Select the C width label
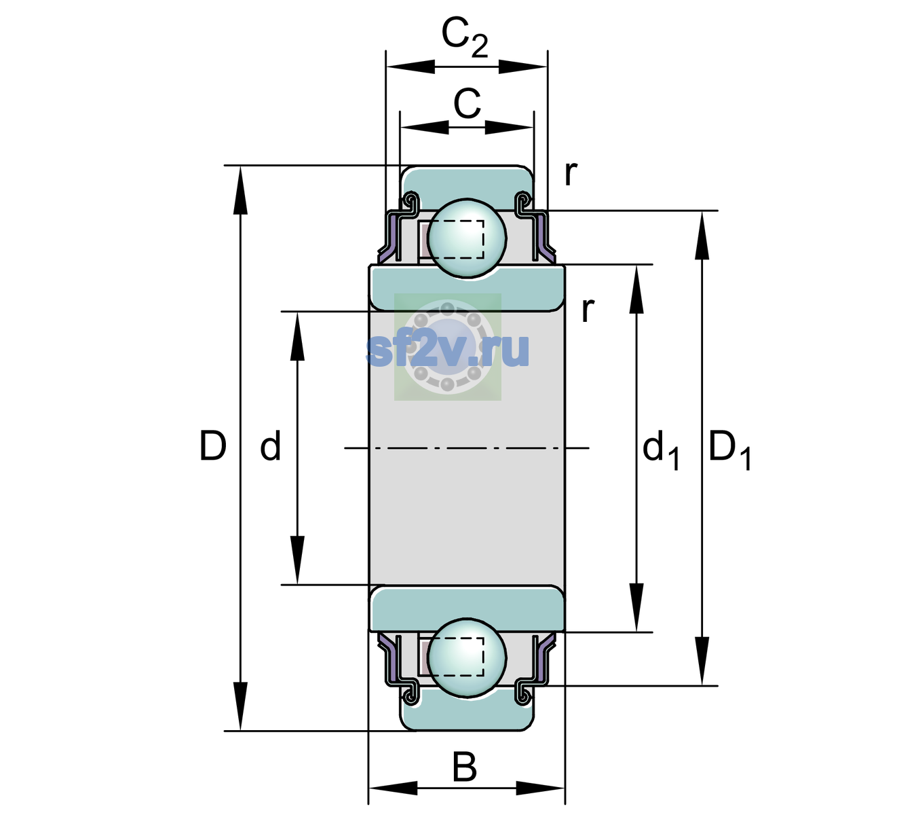[467, 104]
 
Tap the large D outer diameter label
[213, 446]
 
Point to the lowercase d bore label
[270, 446]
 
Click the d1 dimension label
[661, 450]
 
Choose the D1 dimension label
[729, 450]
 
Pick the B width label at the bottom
[465, 767]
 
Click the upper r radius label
[571, 173]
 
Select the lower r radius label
[588, 310]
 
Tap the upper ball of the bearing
[467, 238]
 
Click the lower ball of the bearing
[467, 657]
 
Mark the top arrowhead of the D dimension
[240, 190]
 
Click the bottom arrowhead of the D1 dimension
[702, 661]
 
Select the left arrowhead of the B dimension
[393, 789]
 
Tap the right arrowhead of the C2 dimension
[522, 67]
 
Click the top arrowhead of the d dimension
[297, 336]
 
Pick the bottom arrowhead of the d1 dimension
[636, 607]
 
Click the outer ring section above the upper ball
[467, 185]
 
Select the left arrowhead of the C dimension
[425, 128]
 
